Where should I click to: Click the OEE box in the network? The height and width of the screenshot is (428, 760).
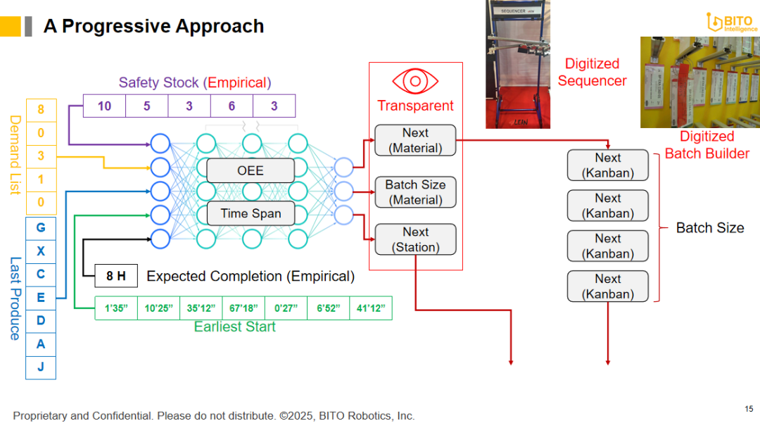[x=250, y=171]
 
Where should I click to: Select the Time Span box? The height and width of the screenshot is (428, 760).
[x=250, y=213]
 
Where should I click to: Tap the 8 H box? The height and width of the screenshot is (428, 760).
[x=116, y=276]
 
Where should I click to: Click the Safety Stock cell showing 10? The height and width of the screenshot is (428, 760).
[x=104, y=106]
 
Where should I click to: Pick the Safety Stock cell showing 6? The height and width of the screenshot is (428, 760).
[x=232, y=106]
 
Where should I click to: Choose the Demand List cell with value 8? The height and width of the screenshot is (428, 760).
[x=41, y=110]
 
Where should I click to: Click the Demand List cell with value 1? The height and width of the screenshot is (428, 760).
[x=41, y=180]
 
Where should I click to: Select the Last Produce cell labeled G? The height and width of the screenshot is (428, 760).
[x=41, y=228]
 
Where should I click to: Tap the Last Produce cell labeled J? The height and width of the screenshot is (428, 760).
[x=41, y=367]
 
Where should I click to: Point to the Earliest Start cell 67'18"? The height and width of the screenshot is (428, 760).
[x=243, y=308]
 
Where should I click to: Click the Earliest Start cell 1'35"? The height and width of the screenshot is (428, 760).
[x=116, y=308]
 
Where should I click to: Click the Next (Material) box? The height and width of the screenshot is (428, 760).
[x=415, y=141]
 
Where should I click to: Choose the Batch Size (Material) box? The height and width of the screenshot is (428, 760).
[x=415, y=192]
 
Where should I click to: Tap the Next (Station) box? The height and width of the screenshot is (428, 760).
[x=415, y=239]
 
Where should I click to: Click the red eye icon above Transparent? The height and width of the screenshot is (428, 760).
[x=415, y=81]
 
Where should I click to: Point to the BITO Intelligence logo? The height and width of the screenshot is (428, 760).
[x=732, y=23]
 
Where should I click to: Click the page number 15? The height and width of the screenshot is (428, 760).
[x=749, y=408]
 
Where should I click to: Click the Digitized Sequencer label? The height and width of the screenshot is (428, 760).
[x=592, y=73]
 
